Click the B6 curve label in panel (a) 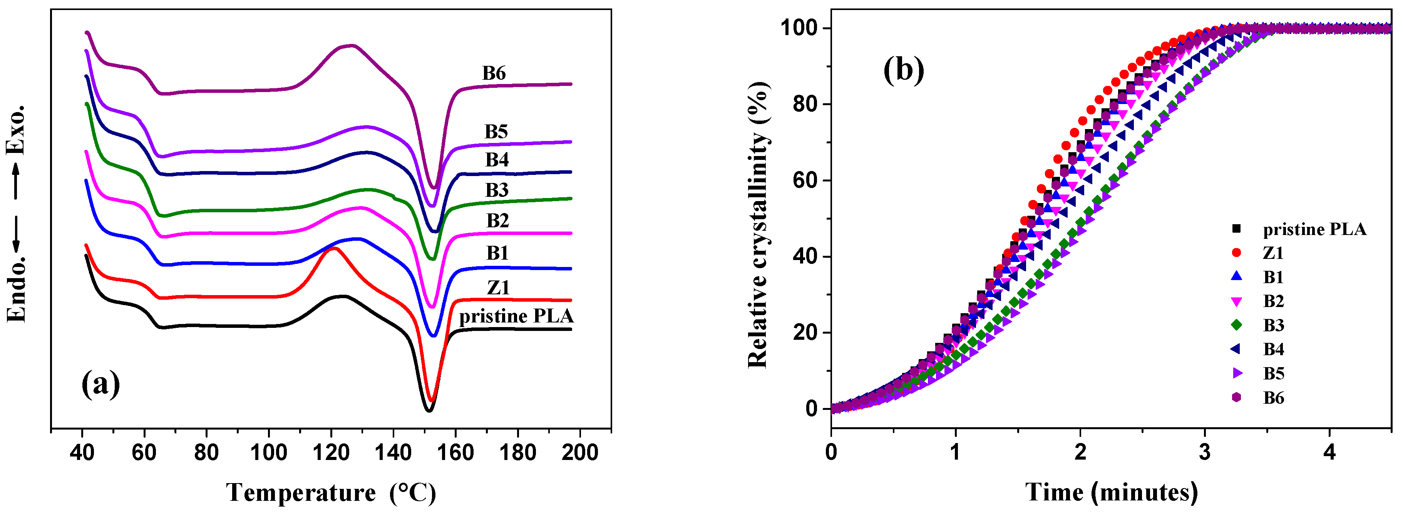point(494,73)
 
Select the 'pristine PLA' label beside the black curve point(516,316)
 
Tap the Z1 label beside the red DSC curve point(498,287)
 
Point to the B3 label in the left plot point(497,190)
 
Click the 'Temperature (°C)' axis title point(331,492)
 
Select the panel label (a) point(101,384)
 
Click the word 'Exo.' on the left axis point(15,130)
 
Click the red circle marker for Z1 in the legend point(1236,253)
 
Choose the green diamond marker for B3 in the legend point(1236,325)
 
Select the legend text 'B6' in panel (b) point(1273,398)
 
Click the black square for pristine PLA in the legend point(1236,229)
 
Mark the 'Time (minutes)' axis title point(1111,492)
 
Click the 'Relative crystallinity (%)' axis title point(758,225)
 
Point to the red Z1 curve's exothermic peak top point(333,248)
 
